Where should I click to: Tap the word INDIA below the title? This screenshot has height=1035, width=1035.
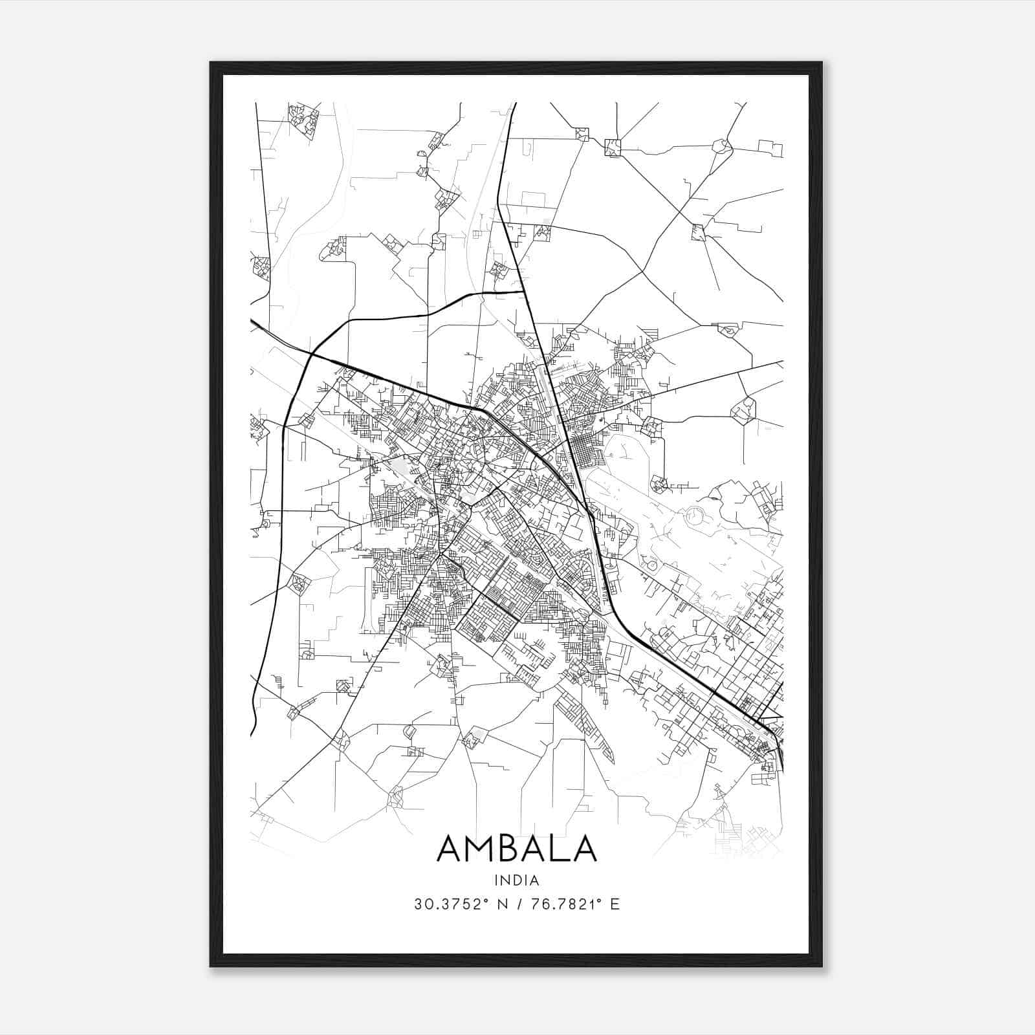516,880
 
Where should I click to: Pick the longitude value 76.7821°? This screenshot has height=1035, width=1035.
562,904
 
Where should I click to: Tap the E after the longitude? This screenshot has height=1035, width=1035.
615,904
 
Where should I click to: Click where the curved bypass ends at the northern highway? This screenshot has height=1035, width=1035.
523,292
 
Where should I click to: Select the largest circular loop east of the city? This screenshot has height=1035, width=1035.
695,516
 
